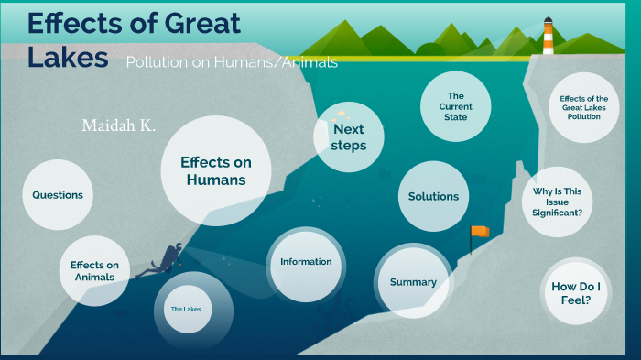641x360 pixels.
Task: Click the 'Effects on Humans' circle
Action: click(215, 171)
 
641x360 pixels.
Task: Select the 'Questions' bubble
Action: click(58, 195)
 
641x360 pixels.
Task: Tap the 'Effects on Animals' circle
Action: click(94, 270)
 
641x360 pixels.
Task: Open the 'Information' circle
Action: click(306, 262)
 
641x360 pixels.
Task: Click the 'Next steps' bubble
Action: click(348, 137)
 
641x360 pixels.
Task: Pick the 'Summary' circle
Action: click(413, 282)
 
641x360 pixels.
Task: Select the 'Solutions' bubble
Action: click(433, 196)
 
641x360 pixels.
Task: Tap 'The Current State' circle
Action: click(455, 106)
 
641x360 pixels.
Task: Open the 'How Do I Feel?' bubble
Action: click(577, 293)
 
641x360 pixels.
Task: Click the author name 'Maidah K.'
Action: click(118, 125)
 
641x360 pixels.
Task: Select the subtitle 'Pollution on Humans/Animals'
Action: click(232, 62)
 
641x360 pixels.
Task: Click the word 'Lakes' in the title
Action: click(68, 57)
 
